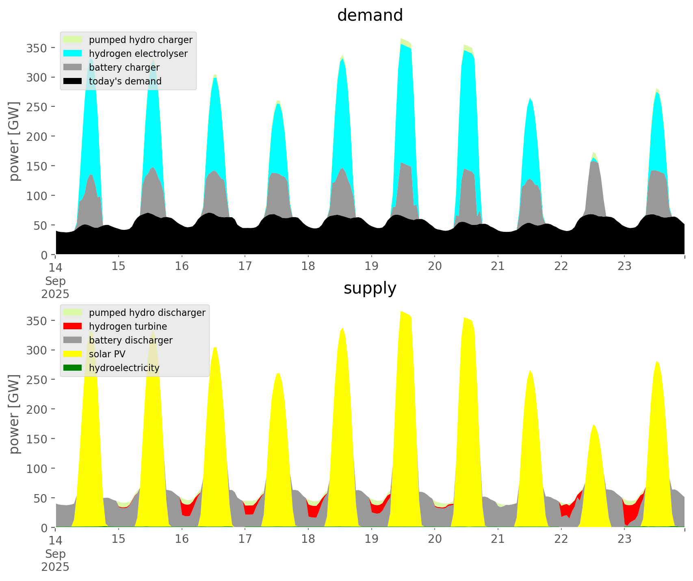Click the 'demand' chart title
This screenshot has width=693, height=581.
370,15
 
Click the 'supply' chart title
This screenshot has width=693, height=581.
370,288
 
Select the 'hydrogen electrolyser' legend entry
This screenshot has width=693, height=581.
138,54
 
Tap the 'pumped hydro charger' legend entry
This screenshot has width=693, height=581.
141,40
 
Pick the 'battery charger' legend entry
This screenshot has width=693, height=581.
124,67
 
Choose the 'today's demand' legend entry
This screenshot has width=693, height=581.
125,81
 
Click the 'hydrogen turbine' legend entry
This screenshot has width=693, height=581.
128,326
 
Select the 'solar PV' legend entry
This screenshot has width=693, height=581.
107,354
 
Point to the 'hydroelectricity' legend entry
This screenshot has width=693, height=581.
124,368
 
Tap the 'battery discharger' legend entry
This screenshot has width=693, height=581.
130,340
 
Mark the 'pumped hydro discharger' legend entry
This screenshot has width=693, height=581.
147,313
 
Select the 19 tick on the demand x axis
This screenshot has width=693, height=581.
371,266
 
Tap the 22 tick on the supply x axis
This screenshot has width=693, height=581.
561,539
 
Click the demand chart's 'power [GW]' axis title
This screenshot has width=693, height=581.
14,141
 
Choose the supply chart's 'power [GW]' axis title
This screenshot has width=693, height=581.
14,414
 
